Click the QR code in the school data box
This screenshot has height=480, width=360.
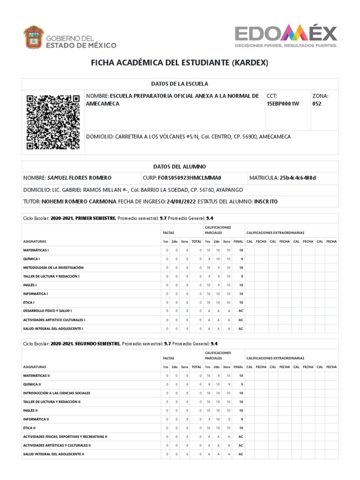[53, 122]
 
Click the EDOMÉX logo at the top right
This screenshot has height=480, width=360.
[285, 36]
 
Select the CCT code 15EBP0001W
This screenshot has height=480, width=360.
[283, 104]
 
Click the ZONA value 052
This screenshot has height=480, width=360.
[317, 104]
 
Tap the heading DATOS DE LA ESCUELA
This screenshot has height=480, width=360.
[180, 83]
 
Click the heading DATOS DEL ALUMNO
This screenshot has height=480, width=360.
[180, 166]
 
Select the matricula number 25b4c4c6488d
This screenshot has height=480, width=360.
[298, 178]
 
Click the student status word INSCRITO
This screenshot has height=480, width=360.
[266, 201]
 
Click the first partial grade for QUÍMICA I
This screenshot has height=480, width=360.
[208, 259]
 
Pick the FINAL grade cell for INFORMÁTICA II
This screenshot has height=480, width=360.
[240, 419]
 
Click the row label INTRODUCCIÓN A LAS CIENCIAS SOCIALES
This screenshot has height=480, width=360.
[57, 393]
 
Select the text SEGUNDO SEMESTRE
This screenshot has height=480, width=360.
[98, 344]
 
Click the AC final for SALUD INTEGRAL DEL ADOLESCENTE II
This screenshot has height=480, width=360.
[240, 454]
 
